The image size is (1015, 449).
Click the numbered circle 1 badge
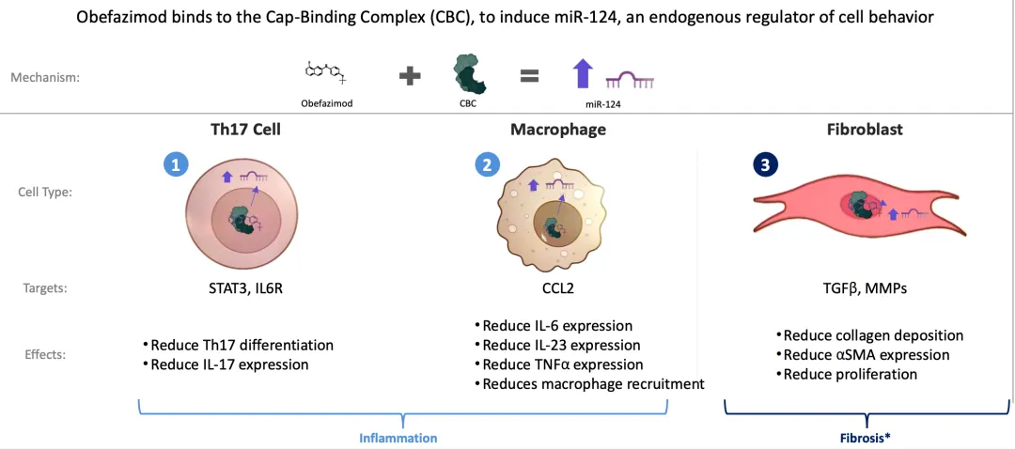tap(176, 165)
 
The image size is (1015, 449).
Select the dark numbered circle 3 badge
tap(766, 165)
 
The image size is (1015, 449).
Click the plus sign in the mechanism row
tap(410, 76)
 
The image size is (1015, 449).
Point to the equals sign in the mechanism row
tap(530, 76)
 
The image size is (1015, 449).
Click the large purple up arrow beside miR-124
tap(583, 74)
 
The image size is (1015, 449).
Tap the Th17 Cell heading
tap(245, 131)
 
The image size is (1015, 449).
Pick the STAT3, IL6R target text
tap(245, 288)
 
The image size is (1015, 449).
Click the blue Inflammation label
tap(398, 438)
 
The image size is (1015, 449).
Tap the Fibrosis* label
tap(867, 438)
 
